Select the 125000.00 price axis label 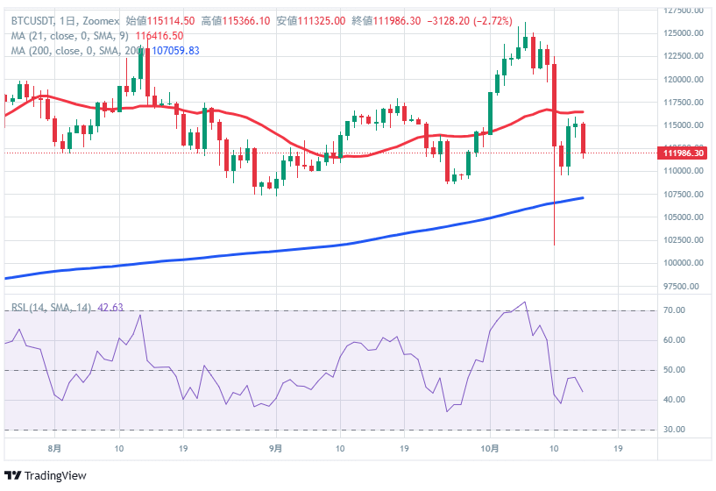coord(684,34)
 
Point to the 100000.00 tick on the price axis coord(684,263)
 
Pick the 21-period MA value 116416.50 coord(160,36)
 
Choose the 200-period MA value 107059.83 coord(175,51)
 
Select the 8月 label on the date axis coord(55,449)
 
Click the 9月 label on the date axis coord(276,449)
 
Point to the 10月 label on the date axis coord(491,449)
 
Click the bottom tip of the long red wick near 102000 coord(555,245)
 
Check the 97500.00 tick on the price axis coord(684,286)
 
